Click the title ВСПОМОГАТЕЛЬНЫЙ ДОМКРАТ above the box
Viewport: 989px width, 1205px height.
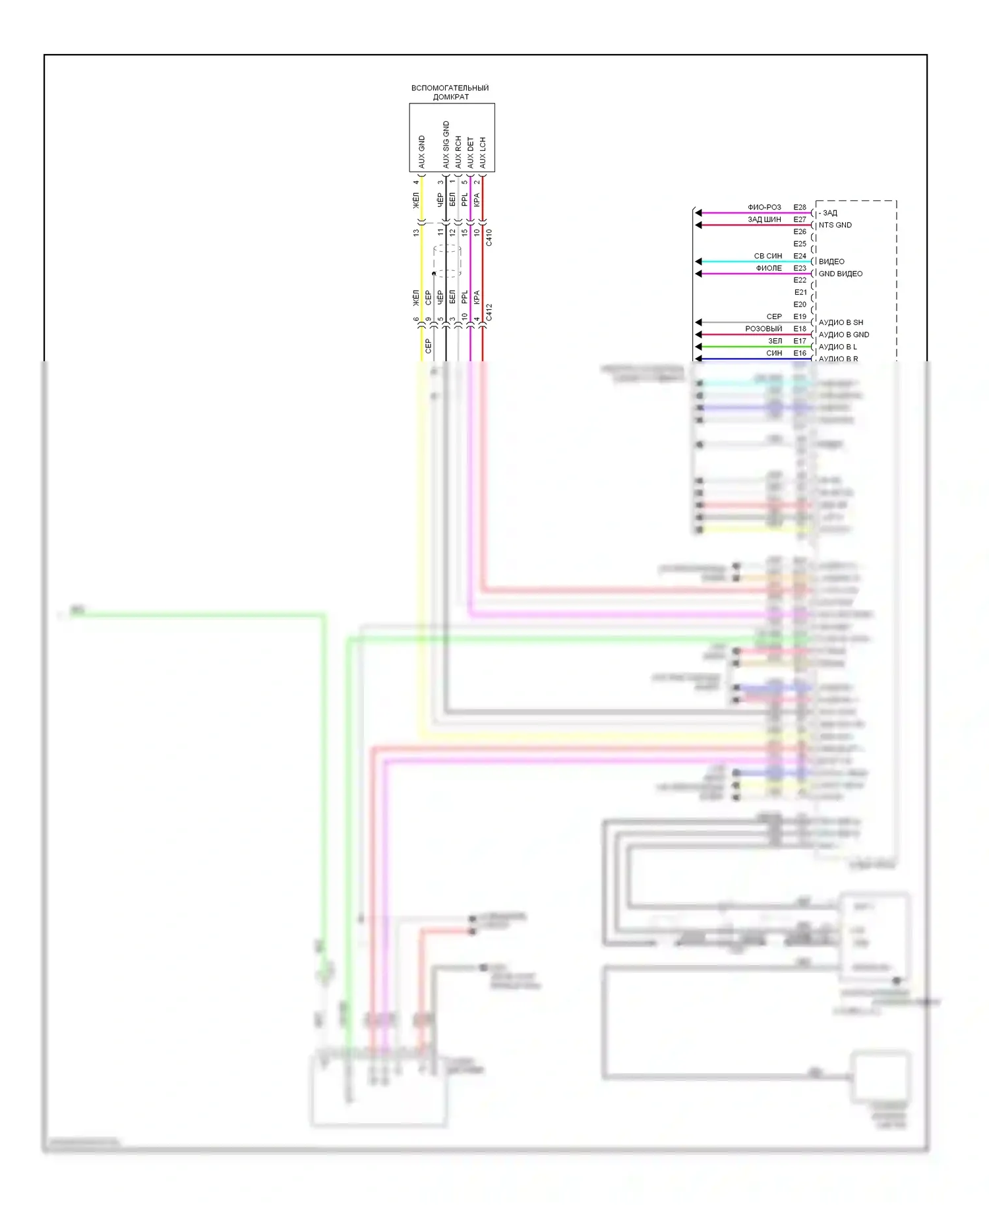(x=450, y=92)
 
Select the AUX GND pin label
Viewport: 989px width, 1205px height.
(x=422, y=152)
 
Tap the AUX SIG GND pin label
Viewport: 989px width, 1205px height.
(x=446, y=145)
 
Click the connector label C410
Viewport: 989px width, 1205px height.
(x=489, y=237)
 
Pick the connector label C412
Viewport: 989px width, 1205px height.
(x=489, y=312)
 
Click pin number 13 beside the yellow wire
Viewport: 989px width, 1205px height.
(x=416, y=233)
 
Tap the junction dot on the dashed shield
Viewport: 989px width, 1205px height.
(x=434, y=274)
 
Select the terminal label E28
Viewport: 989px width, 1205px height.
(x=800, y=207)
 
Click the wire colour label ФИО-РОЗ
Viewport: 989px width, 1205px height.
(x=764, y=207)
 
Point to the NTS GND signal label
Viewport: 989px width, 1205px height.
(x=835, y=225)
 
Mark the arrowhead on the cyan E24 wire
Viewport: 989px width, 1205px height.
(x=698, y=262)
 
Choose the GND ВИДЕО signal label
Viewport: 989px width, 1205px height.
(x=841, y=274)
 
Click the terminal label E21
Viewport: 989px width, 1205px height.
(x=800, y=292)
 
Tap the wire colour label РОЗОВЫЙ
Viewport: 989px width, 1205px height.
(x=764, y=328)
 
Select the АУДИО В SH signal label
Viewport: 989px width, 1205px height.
(x=841, y=322)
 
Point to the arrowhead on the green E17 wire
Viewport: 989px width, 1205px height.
(x=698, y=347)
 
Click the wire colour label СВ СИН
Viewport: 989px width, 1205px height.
(x=768, y=256)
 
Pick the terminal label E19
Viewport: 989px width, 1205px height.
(x=800, y=316)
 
